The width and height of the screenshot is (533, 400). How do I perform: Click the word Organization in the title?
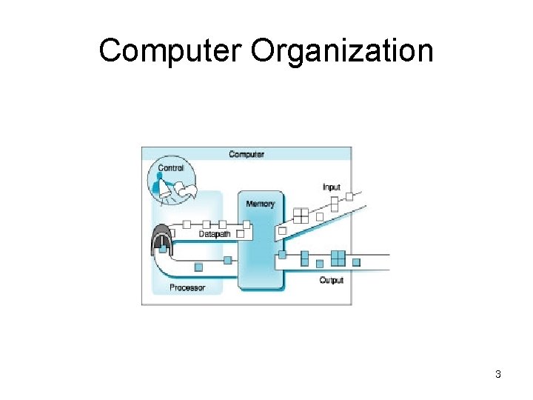[x=342, y=52]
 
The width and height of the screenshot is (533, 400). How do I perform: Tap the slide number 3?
[x=498, y=375]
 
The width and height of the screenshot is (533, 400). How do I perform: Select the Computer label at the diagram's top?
[x=247, y=154]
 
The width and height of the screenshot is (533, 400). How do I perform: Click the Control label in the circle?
[x=171, y=168]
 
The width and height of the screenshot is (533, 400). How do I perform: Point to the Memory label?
[x=260, y=204]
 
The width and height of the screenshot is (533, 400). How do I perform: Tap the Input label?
[x=332, y=187]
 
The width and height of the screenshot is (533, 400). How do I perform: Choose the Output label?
[x=331, y=280]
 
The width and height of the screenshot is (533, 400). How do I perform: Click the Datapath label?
[x=215, y=234]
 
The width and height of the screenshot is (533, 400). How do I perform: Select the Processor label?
[x=187, y=287]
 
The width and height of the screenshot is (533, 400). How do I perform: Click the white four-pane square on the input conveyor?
[x=301, y=215]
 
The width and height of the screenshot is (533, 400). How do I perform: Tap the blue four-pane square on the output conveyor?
[x=338, y=257]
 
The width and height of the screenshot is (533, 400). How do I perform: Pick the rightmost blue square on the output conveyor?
[x=356, y=261]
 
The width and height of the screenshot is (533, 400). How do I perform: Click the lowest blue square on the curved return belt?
[x=198, y=267]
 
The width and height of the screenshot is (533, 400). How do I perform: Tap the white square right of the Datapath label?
[x=240, y=234]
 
